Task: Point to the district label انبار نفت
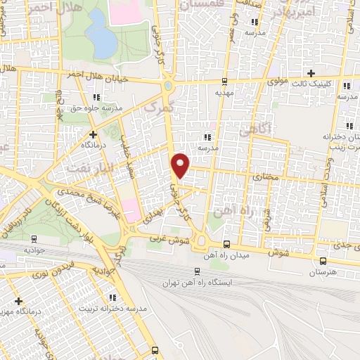coord(88,168)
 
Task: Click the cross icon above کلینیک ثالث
coord(311,74)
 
